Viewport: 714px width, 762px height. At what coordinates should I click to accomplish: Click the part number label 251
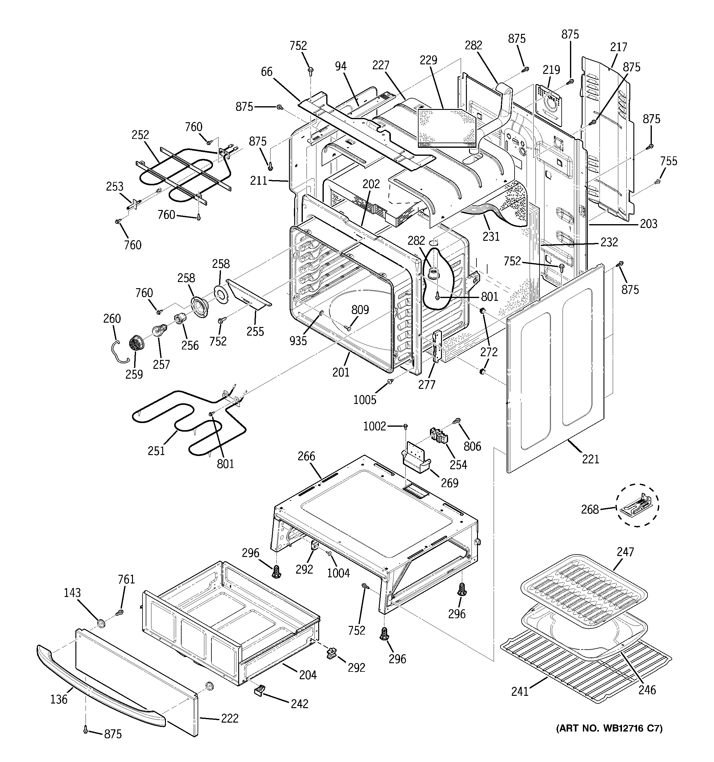click(x=156, y=451)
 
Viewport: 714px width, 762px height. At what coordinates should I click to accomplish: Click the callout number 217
click(x=619, y=47)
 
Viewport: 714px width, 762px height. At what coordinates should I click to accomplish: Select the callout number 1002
click(x=375, y=426)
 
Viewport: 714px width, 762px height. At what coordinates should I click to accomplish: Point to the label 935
click(x=298, y=340)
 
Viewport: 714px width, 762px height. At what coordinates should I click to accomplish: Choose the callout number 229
click(x=428, y=60)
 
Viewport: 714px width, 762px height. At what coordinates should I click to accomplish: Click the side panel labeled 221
click(x=556, y=368)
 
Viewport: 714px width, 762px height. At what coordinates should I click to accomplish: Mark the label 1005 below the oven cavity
click(x=364, y=400)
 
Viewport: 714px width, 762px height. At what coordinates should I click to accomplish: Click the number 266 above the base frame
click(x=306, y=456)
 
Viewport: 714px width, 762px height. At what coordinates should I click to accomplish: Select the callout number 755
click(x=669, y=161)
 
